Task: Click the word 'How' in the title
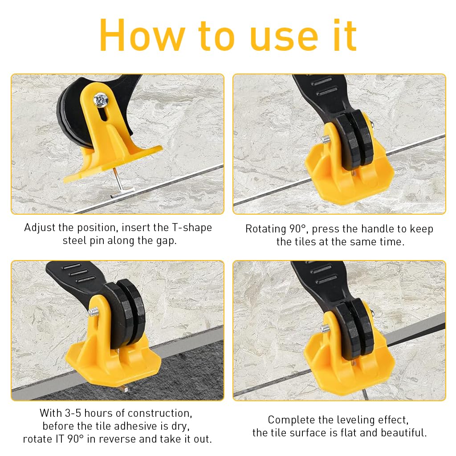tap(142, 36)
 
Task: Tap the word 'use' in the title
tap(284, 40)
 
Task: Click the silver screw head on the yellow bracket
tap(101, 100)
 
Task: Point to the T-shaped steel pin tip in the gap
tap(122, 194)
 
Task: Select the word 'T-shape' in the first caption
tap(192, 228)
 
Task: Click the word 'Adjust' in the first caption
tap(40, 228)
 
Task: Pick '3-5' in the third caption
tap(73, 413)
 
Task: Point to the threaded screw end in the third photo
tap(93, 312)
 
